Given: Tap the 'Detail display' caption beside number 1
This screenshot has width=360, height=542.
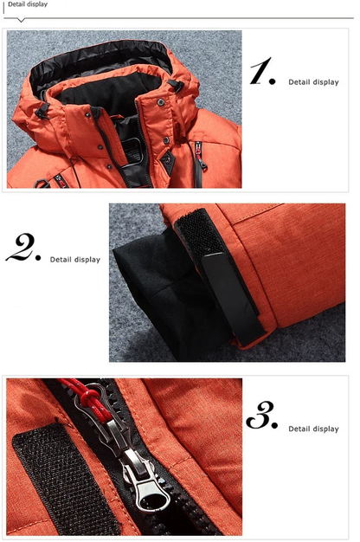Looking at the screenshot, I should pos(313,82).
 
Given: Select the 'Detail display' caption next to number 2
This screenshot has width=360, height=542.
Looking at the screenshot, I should pos(74,259).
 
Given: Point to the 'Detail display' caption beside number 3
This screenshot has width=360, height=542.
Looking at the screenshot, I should pos(313,429).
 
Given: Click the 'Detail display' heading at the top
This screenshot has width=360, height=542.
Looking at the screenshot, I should pos(26,4).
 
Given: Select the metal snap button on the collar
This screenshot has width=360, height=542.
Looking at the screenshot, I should pos(161,102).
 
